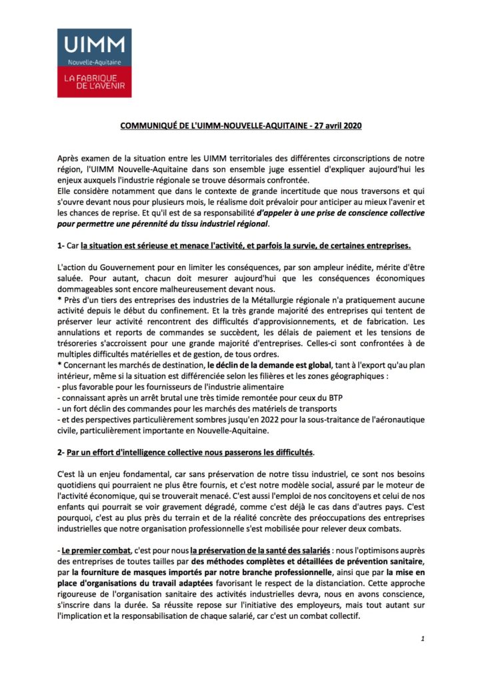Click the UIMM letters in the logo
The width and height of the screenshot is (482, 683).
94,45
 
